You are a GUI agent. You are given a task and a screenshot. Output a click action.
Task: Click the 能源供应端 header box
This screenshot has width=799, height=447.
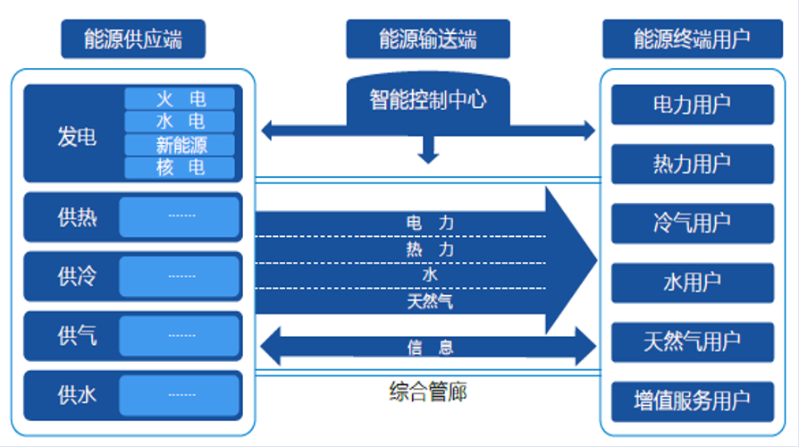pyautogui.click(x=133, y=39)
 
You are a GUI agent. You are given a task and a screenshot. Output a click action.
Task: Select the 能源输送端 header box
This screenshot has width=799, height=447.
pyautogui.click(x=428, y=39)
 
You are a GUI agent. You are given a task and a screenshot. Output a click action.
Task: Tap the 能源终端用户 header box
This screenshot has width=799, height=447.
pyautogui.click(x=693, y=39)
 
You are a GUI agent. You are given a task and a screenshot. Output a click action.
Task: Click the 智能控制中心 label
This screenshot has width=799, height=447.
pyautogui.click(x=428, y=100)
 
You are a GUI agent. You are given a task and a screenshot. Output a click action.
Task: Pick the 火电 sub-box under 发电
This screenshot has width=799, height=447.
pyautogui.click(x=180, y=98)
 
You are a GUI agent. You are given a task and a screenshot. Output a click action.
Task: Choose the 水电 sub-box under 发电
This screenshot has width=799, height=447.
pyautogui.click(x=180, y=122)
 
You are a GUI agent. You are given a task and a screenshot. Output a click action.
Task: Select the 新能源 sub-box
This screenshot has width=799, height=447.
pyautogui.click(x=180, y=145)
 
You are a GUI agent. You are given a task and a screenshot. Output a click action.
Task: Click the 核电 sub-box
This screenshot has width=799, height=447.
pyautogui.click(x=180, y=168)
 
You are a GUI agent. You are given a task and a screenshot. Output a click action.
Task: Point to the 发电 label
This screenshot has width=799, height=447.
pyautogui.click(x=77, y=137)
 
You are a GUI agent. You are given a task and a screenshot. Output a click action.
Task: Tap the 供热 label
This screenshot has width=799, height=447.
pyautogui.click(x=77, y=217)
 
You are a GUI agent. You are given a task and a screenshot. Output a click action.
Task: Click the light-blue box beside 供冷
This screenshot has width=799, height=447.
pyautogui.click(x=180, y=276)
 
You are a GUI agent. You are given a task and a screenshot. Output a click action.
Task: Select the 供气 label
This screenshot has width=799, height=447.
pyautogui.click(x=77, y=336)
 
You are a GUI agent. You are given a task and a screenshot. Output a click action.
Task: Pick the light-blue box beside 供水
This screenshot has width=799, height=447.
pyautogui.click(x=180, y=395)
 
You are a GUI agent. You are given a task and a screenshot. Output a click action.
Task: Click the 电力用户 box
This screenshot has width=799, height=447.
pyautogui.click(x=693, y=105)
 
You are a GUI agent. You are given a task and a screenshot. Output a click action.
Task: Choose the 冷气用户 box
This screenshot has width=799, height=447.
pyautogui.click(x=693, y=223)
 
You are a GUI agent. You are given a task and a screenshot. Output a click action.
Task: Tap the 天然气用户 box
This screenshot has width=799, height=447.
pyautogui.click(x=693, y=342)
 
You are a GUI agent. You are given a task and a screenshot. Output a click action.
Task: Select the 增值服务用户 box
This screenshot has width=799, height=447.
pyautogui.click(x=693, y=401)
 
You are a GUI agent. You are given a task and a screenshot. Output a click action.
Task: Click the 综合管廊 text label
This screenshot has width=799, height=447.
pyautogui.click(x=428, y=392)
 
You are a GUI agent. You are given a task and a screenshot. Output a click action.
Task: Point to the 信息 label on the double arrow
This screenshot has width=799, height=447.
pyautogui.click(x=430, y=348)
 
